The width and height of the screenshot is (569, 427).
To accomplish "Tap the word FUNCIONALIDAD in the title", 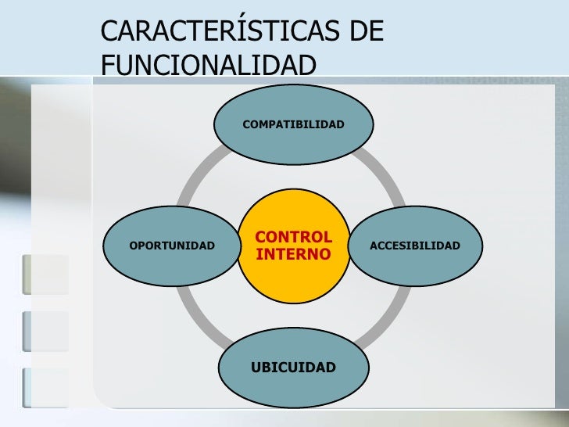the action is point(209,66).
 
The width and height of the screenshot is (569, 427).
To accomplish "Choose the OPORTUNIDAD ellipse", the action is point(172,246).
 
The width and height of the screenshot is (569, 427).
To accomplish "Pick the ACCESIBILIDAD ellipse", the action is point(415,246).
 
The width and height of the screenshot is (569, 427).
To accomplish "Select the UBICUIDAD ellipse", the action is point(293,368).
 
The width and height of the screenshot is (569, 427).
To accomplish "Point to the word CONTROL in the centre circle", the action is point(293,237).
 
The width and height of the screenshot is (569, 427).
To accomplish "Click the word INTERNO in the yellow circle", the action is point(293,255).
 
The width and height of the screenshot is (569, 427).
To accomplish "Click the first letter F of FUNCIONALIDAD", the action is point(108,66).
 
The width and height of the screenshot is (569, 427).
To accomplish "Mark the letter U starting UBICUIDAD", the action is point(255,368).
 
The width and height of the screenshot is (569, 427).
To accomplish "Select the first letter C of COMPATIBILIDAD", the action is point(246,125).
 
